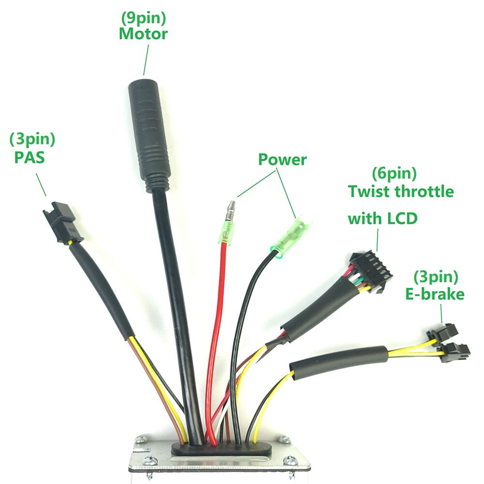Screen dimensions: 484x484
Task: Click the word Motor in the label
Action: (143, 34)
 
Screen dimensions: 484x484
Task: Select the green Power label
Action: (282, 159)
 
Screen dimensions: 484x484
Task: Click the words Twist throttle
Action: (401, 192)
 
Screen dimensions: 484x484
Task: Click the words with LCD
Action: (382, 219)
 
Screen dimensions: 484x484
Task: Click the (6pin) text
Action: (394, 173)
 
